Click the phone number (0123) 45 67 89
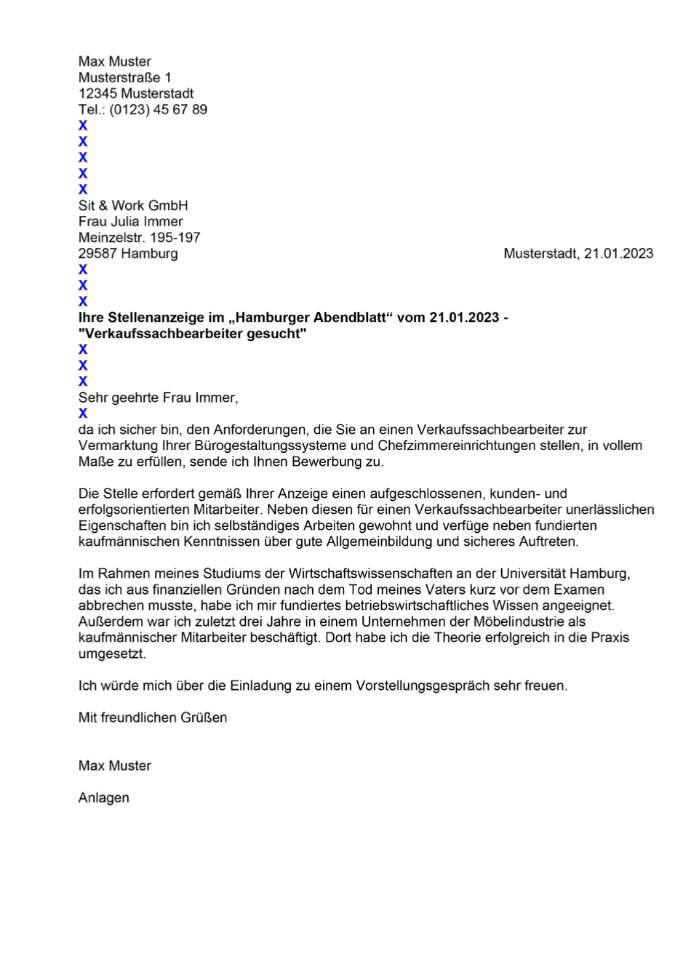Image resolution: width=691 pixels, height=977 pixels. (x=158, y=110)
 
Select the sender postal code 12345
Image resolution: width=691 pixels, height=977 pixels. (x=97, y=94)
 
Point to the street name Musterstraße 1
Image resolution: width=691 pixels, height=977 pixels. (x=124, y=78)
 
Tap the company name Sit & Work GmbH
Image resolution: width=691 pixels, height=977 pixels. (x=133, y=206)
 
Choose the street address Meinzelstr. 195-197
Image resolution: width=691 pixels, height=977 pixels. (x=139, y=238)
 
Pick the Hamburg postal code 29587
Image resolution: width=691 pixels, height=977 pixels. (x=97, y=254)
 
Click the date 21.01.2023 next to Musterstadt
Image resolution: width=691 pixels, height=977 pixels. (x=618, y=254)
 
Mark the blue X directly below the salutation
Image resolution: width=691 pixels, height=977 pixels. (x=83, y=414)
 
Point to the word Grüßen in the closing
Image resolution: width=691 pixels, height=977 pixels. (x=205, y=717)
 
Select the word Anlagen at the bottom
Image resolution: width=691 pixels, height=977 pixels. (x=104, y=797)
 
